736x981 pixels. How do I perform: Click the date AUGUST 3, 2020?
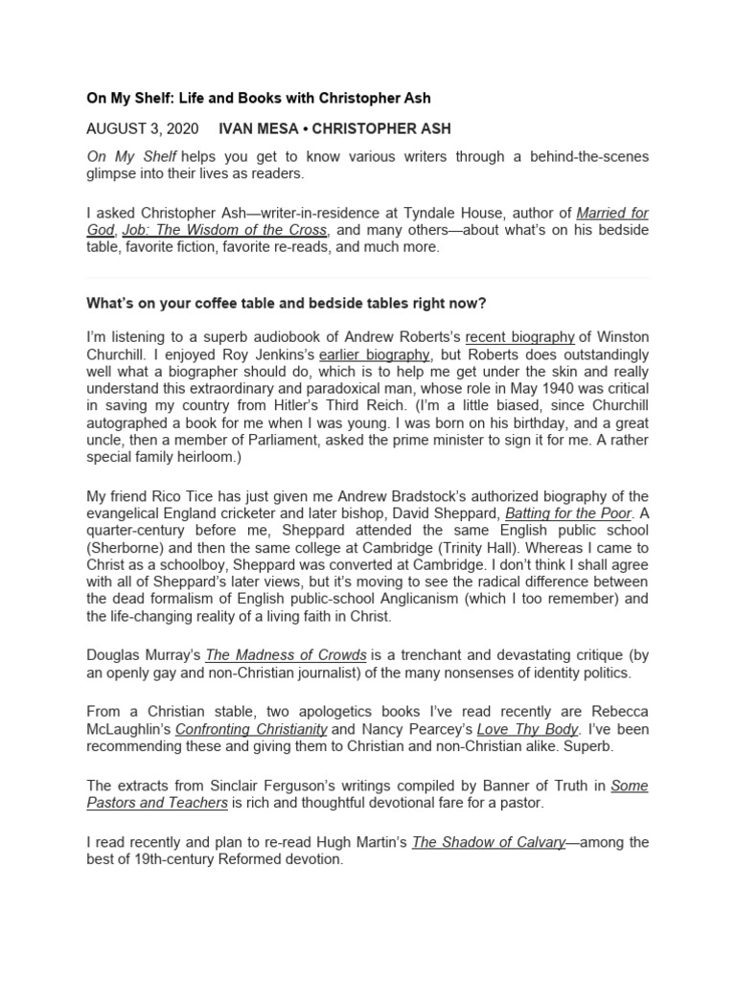142,128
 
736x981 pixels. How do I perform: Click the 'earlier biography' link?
373,354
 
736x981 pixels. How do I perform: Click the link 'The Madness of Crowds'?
286,655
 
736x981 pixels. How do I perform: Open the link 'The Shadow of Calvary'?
488,842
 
